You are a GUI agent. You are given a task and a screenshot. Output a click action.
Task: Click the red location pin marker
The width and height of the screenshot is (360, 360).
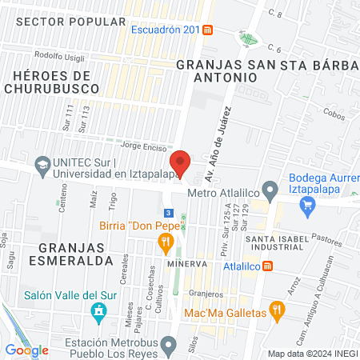180,162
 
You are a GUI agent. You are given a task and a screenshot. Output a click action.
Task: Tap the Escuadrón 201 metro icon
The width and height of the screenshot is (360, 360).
208,30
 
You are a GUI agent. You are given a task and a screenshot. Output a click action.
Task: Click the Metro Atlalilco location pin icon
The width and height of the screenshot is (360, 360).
270,191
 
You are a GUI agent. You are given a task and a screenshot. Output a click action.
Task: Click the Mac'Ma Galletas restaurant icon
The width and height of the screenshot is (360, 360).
277,308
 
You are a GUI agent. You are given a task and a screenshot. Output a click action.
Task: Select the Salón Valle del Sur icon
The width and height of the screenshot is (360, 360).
99,310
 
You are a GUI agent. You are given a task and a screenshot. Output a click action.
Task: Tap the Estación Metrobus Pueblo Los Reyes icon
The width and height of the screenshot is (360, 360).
167,345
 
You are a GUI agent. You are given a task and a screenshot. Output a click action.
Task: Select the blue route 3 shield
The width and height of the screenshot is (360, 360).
169,212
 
